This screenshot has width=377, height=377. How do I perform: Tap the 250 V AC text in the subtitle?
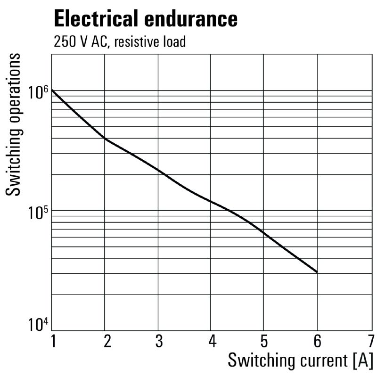tap(81, 42)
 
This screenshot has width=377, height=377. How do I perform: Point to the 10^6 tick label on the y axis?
tap(38, 92)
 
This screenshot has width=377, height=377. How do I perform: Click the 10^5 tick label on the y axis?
tap(38, 213)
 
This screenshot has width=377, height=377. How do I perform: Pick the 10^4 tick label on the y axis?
tap(38, 326)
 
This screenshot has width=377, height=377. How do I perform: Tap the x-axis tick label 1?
tap(53, 340)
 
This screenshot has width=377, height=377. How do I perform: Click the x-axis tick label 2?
tap(107, 340)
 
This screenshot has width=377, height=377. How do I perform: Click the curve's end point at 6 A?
tap(317, 272)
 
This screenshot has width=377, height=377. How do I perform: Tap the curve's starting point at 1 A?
tap(52, 90)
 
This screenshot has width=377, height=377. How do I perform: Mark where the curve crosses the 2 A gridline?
tap(105, 139)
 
